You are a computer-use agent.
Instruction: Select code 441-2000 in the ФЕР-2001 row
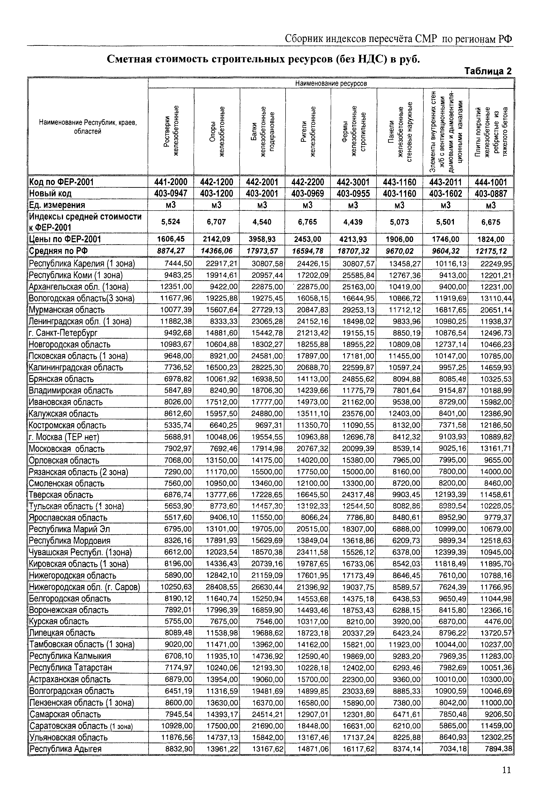(171, 182)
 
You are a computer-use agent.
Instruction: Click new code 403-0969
(308, 194)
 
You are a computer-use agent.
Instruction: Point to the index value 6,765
(308, 222)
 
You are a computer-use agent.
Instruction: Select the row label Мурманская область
(67, 310)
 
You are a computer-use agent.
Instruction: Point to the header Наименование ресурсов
(331, 84)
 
